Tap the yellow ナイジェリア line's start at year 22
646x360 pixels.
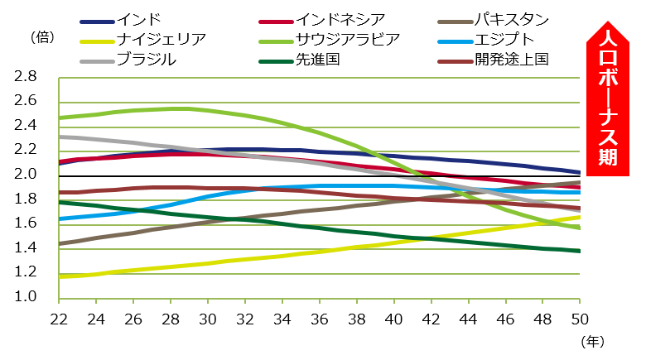point(60,276)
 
